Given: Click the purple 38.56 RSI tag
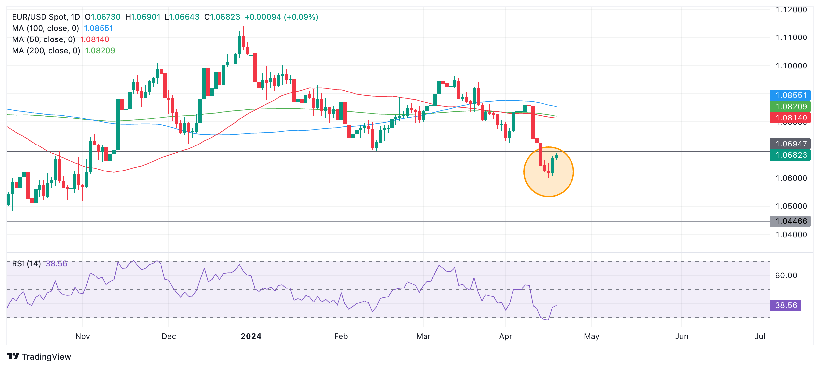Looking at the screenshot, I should point(785,305).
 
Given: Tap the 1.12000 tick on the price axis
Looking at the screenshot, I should point(791,10).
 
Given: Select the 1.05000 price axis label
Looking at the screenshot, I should point(791,206).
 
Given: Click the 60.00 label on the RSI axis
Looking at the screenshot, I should point(786,276).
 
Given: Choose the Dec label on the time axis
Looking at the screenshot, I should point(169,336).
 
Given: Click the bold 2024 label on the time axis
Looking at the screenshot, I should point(251,336).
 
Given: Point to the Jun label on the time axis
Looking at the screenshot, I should point(682,336).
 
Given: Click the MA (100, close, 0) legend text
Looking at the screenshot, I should point(45,28).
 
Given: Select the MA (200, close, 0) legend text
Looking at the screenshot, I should point(46,51).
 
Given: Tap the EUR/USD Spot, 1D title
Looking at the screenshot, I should point(46,17).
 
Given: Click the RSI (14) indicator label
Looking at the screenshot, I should point(26,264).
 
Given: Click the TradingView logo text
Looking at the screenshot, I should point(46,357).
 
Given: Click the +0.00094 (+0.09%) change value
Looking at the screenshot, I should point(281,17).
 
